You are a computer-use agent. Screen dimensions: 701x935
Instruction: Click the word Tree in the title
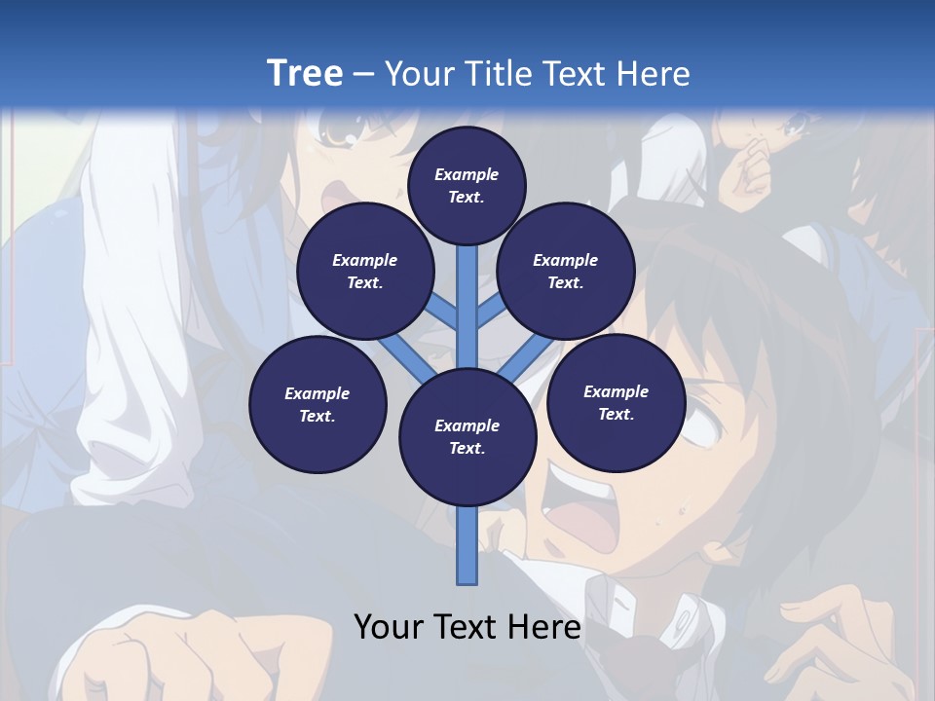(304, 73)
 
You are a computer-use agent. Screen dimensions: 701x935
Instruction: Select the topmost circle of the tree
(467, 185)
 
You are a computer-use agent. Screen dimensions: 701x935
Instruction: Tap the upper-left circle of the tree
(364, 272)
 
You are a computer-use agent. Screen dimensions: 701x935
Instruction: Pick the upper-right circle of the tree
(566, 272)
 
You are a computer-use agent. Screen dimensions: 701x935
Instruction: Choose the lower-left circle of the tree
(318, 404)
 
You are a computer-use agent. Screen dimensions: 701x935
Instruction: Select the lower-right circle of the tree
(616, 402)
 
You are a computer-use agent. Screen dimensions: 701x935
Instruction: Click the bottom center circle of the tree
(467, 437)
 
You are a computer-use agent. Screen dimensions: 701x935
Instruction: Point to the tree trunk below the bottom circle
(467, 545)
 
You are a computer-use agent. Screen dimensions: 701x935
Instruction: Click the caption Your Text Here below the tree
(467, 627)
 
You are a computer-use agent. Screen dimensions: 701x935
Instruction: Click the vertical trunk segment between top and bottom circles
(467, 307)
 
